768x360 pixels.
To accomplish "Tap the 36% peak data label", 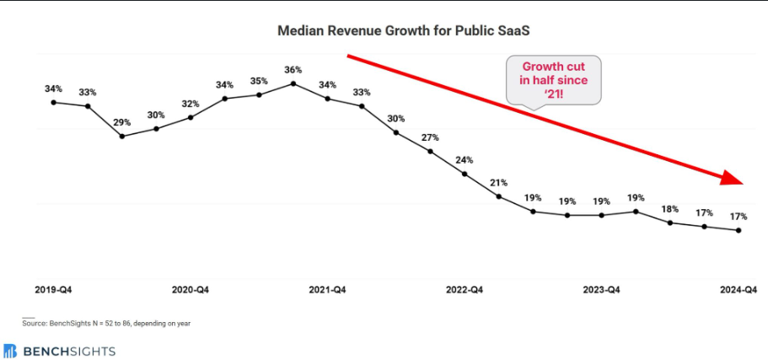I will click(293, 69).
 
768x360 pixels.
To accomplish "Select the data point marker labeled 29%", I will click(122, 136).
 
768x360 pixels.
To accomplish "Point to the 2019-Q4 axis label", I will click(52, 290).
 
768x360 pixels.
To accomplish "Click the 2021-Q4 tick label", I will click(327, 290).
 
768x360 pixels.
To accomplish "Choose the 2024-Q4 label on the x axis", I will click(738, 290).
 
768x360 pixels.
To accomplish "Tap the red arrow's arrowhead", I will click(732, 177).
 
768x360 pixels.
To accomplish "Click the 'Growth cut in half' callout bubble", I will click(554, 79).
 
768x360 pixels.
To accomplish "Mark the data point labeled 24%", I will click(465, 174).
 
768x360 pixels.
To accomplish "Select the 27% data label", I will click(430, 137).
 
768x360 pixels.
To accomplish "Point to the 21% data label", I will click(498, 182).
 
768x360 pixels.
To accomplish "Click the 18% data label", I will click(670, 208).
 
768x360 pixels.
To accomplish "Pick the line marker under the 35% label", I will click(259, 94).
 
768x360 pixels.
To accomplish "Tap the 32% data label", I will click(191, 104).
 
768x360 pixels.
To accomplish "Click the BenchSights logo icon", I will click(10, 350).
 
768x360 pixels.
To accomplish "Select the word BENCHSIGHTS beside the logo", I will click(69, 350).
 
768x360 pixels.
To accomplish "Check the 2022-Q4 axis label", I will click(465, 290).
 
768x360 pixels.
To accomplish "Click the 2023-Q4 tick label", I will click(602, 290).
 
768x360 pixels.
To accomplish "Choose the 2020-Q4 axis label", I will click(190, 290).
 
